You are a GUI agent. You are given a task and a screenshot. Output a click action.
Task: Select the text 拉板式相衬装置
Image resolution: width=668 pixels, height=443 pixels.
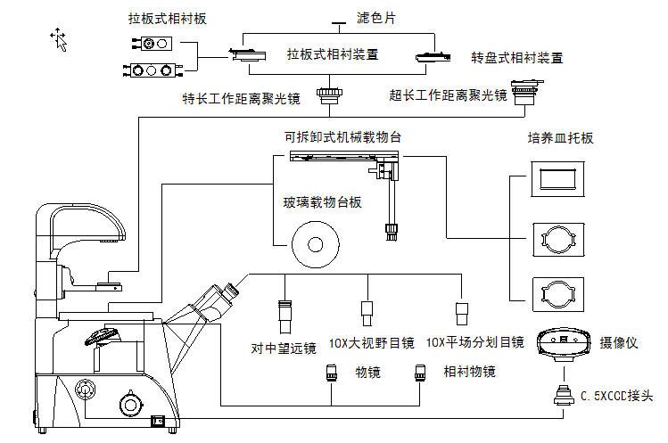(x=333, y=54)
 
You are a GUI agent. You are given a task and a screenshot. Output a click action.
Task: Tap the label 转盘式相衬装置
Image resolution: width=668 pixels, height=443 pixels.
(x=517, y=59)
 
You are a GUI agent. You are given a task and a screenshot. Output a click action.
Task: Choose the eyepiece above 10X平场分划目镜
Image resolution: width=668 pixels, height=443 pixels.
(x=462, y=312)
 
